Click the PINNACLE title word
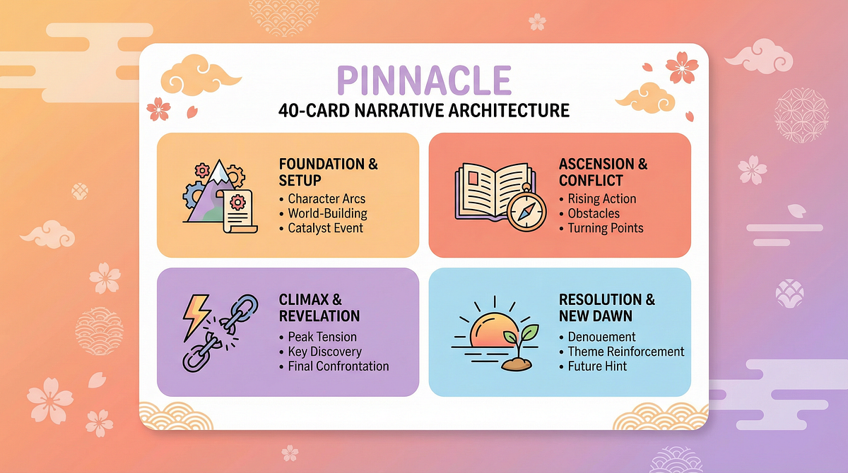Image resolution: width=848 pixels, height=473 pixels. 424,80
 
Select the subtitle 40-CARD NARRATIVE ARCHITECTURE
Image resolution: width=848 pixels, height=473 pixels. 423,110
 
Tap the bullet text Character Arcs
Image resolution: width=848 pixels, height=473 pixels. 326,199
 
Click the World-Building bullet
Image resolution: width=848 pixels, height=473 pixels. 327,214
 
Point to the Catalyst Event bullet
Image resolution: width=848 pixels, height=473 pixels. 325,228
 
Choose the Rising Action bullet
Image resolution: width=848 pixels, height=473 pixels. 602,199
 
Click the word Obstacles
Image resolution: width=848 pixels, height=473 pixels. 594,214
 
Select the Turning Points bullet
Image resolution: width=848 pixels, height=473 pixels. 606,228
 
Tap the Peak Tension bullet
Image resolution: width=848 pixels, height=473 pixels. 322,337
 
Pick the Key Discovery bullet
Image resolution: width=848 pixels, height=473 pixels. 324,352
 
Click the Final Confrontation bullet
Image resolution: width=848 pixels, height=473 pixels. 338,366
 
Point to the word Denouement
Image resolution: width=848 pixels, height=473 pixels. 601,337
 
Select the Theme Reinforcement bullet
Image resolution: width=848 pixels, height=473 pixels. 626,352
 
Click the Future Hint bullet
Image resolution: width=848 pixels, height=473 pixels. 597,366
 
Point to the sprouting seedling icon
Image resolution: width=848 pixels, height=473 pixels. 519,348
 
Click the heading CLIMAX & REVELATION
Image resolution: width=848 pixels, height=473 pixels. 319,308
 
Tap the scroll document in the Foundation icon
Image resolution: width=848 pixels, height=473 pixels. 237,212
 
